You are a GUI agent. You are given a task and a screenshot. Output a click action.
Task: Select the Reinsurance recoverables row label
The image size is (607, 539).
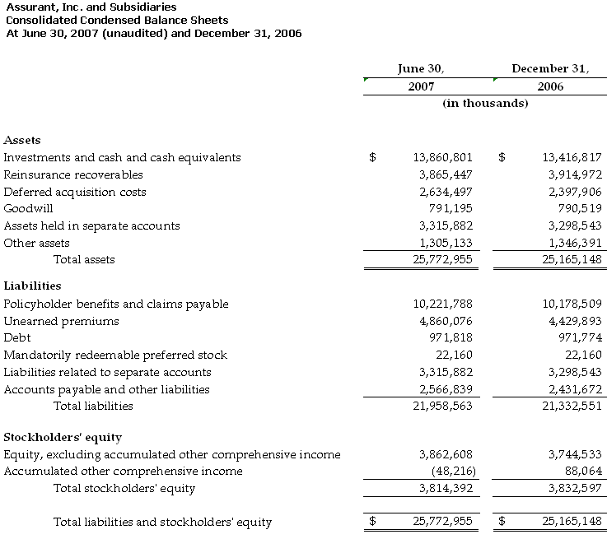[73, 174]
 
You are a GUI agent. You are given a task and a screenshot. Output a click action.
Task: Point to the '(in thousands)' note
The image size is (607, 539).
[485, 104]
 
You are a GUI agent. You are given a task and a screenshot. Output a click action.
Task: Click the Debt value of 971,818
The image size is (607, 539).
[451, 338]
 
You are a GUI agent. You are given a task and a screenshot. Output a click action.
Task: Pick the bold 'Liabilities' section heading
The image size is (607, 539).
[32, 286]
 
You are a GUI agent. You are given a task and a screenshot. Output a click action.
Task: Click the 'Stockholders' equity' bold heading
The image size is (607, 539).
[63, 437]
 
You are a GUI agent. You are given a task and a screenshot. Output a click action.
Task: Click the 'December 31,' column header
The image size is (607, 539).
[550, 69]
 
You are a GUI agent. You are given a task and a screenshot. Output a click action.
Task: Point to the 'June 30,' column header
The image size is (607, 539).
[421, 69]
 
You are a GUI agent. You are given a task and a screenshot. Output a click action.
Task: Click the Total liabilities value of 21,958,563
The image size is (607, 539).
[442, 406]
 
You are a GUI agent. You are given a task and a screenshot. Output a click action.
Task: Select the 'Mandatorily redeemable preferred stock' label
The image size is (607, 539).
[115, 355]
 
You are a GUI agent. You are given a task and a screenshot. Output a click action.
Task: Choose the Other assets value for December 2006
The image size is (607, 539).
[575, 243]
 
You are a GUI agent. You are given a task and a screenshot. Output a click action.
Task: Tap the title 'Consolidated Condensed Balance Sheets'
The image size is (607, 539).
[117, 20]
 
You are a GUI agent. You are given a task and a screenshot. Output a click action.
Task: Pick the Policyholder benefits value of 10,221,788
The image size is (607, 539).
[442, 304]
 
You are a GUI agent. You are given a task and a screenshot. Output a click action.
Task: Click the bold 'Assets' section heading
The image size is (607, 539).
[22, 140]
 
